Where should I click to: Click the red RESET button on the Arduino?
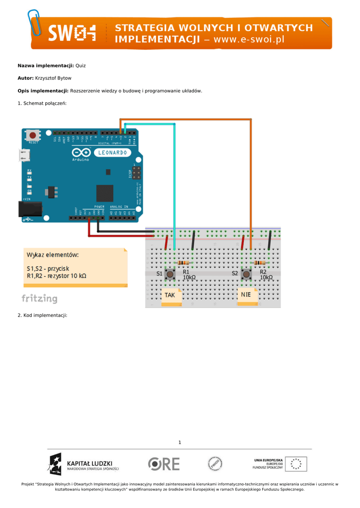[x=33, y=135]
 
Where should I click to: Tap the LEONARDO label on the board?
[x=113, y=153]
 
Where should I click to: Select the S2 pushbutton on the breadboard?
[x=246, y=273]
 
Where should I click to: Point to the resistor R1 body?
[x=183, y=262]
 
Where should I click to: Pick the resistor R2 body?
[x=259, y=262]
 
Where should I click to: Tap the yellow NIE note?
[x=246, y=295]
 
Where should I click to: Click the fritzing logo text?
[x=39, y=299]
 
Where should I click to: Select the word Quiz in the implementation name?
[x=80, y=65]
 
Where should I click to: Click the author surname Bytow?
[x=64, y=78]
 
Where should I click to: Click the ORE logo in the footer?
[x=164, y=464]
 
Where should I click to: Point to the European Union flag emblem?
[x=296, y=464]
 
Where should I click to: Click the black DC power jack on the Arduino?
[x=26, y=208]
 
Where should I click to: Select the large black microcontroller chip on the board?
[x=105, y=193]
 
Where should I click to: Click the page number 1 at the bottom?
[x=180, y=442]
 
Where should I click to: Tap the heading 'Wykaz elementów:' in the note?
[x=53, y=255]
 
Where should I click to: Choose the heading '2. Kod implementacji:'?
[x=42, y=315]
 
